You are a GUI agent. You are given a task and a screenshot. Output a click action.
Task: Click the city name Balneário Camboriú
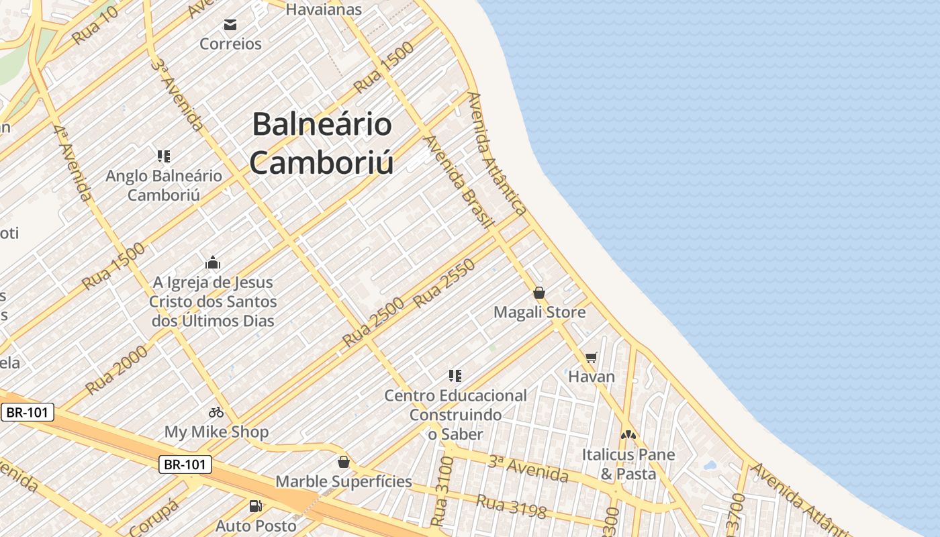point(322,144)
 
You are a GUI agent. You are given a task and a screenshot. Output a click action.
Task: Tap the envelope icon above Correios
point(230,26)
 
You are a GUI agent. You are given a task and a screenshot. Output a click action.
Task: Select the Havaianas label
point(324,9)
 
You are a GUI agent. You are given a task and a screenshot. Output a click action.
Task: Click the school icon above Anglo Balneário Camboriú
point(163,156)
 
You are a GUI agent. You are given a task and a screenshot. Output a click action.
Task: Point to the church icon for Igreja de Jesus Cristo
point(213,262)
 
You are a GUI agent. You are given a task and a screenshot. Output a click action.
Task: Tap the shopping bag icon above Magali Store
point(538,293)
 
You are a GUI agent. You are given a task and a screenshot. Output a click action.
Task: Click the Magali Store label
point(539,312)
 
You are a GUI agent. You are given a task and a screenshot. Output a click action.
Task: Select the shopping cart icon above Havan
point(591,357)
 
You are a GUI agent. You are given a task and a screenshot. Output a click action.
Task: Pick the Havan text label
point(591,377)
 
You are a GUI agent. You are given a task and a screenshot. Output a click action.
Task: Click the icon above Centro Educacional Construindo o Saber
point(455,376)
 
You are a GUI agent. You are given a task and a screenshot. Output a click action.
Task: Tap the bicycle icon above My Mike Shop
point(216,412)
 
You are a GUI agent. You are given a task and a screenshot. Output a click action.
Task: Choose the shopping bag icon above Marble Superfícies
point(344,462)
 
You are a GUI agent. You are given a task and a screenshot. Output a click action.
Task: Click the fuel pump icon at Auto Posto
point(255,506)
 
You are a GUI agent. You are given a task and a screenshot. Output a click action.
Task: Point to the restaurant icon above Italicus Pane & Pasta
point(628,435)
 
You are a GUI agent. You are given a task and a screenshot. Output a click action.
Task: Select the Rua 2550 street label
point(444,283)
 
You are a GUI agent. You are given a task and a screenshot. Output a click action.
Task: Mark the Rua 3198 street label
point(512,505)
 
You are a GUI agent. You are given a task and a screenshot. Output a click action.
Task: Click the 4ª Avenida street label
point(73,162)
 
